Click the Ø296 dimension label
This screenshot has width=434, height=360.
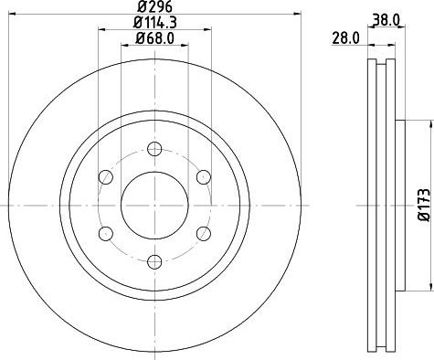pos(155,6)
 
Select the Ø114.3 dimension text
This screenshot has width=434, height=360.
pos(155,22)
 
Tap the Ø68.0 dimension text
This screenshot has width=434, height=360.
pos(155,38)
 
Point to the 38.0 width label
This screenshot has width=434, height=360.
pos(386,20)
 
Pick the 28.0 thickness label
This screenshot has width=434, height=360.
pos(346,38)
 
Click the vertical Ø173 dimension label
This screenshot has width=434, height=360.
pos(424,205)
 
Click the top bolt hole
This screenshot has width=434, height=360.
pos(154,149)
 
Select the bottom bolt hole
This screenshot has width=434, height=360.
pos(154,262)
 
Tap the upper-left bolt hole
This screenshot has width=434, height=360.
pos(106,177)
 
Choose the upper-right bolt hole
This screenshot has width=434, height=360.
pos(203,177)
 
